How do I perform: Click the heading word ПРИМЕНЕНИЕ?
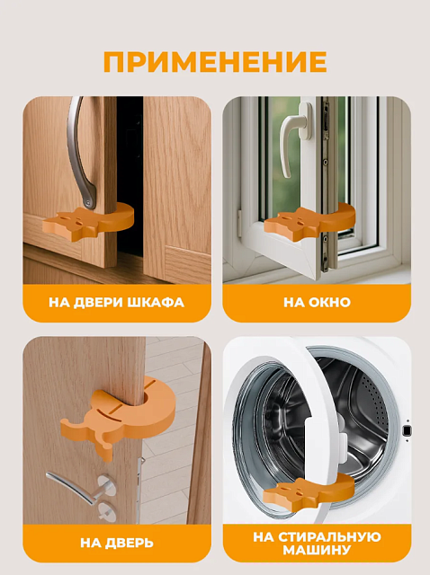tap(215, 62)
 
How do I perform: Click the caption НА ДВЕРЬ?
tap(117, 543)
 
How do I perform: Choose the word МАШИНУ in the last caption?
tap(317, 550)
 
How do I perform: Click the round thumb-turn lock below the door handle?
tap(106, 510)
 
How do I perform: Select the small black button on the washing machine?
tap(407, 430)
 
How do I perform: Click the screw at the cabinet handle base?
tap(87, 201)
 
